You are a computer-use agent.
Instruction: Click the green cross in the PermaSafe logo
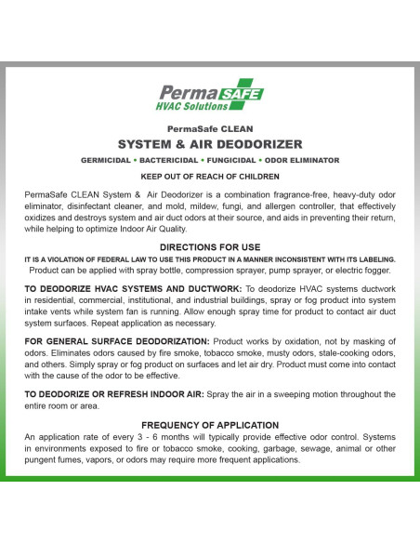tap(250, 94)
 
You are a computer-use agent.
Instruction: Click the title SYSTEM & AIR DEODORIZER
tap(209, 145)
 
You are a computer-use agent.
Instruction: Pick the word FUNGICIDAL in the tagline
tap(241, 160)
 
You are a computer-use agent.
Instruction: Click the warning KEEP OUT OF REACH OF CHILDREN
tap(209, 175)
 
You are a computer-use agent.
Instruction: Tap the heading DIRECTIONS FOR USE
tap(210, 246)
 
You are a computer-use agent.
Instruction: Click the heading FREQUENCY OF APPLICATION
tap(210, 424)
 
